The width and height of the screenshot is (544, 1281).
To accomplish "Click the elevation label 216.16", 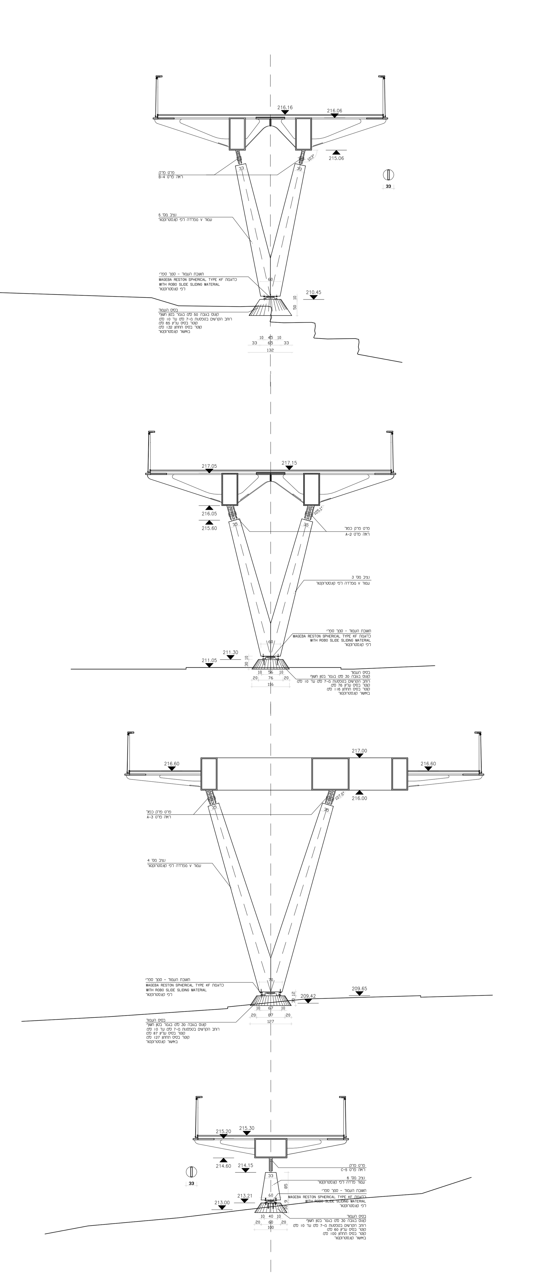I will (x=285, y=107).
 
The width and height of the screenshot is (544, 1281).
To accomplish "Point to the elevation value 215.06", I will (x=336, y=159).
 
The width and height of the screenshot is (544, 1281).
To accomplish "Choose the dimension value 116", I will (x=271, y=684).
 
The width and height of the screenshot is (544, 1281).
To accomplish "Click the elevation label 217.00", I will (x=359, y=751).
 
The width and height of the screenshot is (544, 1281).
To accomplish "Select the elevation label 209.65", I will (x=359, y=989).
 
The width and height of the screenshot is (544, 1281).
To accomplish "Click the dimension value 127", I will (x=271, y=1022).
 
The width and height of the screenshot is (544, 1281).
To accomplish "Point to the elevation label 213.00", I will (x=222, y=1203).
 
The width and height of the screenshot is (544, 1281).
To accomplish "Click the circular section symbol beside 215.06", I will (x=388, y=175).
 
